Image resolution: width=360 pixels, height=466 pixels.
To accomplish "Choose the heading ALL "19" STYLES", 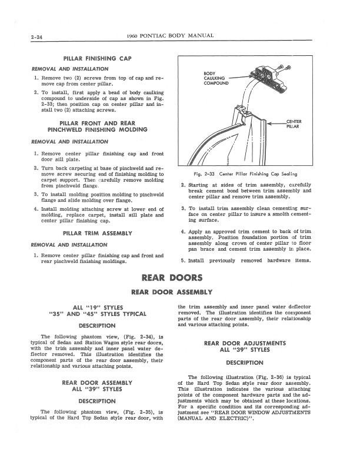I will [x=97, y=307].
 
